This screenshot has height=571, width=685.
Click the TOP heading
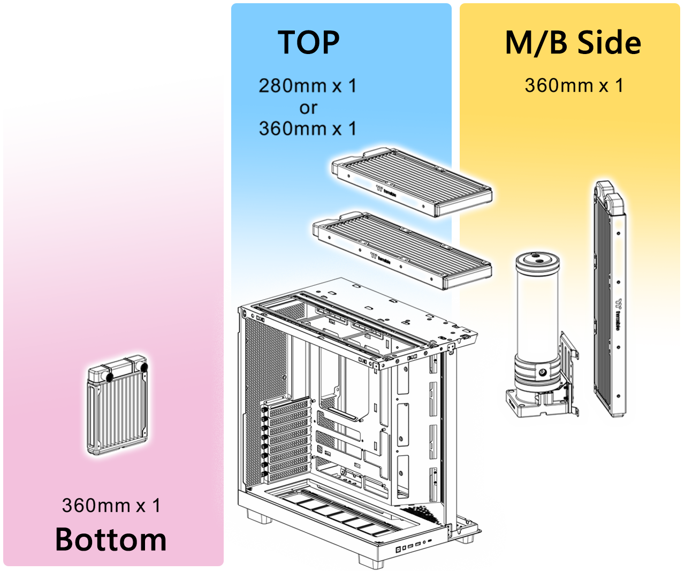pos(309,43)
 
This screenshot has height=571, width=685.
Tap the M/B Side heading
pos(573,43)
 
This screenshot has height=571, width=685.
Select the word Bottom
pos(111,539)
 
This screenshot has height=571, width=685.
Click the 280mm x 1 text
pos(307,86)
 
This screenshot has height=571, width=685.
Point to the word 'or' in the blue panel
pos(308,108)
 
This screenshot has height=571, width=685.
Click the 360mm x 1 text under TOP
pos(307,128)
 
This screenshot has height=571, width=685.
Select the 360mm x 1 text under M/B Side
pos(574,86)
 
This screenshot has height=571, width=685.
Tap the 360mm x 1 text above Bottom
pos(111,505)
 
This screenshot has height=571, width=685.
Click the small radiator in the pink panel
pos(117,407)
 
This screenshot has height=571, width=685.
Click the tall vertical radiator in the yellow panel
pos(610,300)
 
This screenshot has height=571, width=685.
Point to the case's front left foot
pos(258,516)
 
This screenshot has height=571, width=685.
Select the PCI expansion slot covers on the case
pos(286,439)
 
